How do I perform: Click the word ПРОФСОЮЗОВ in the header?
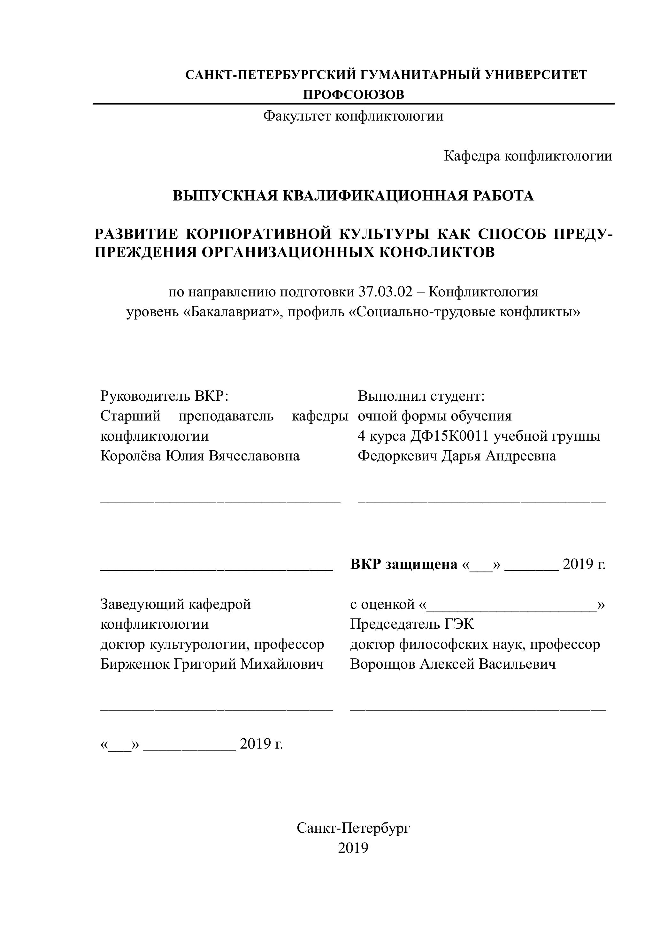(354, 94)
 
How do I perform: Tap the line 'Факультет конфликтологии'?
(353, 116)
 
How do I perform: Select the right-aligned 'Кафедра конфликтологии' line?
(528, 156)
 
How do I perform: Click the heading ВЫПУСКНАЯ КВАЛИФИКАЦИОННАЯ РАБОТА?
(353, 196)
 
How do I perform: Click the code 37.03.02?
(385, 292)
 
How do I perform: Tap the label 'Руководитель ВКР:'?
(165, 396)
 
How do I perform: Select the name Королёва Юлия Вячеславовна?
(200, 456)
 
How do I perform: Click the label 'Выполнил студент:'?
(421, 396)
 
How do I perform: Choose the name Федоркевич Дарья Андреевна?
(457, 456)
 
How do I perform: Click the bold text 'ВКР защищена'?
(404, 564)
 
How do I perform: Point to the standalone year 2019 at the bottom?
(353, 847)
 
